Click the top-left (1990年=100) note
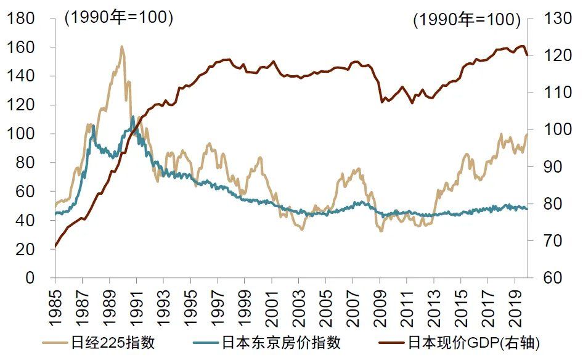[x=118, y=18]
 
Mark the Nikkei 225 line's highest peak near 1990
[x=121, y=46]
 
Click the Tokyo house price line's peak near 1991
[x=132, y=117]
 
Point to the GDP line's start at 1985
[x=55, y=247]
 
